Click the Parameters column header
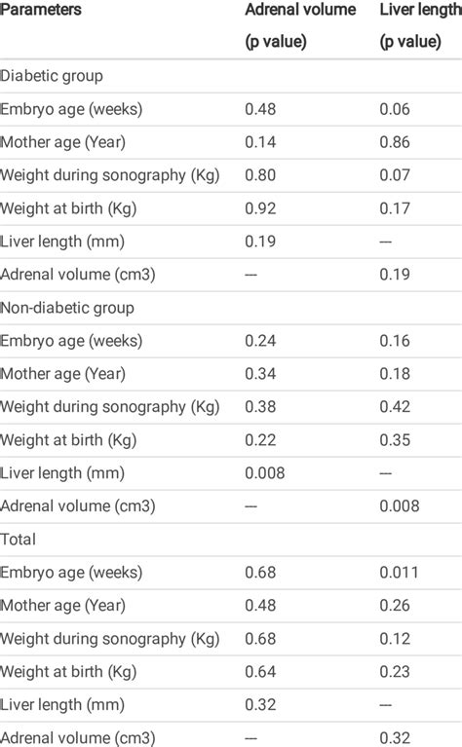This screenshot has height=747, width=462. point(41,10)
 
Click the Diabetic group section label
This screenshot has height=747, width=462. point(52,75)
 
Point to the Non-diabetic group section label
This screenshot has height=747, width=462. point(67,308)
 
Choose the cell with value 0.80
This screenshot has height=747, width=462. point(261,175)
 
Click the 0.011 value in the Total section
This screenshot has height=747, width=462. point(400,572)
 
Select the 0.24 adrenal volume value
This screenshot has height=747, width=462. point(261,341)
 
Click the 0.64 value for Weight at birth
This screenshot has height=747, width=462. point(261,671)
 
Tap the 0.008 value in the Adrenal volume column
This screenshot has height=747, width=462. point(265,472)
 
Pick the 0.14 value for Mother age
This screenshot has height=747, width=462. point(261,142)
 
